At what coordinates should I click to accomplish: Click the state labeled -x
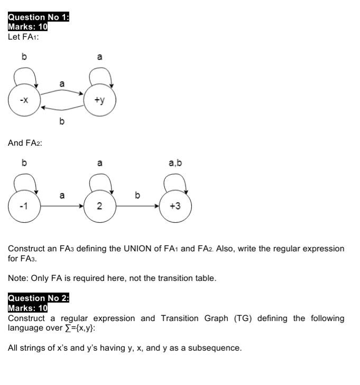24,100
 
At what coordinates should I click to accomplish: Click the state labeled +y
99,100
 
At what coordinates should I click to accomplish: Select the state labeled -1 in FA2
24,206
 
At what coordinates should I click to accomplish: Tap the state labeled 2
99,206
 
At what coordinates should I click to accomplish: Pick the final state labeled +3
175,206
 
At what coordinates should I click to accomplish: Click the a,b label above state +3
175,163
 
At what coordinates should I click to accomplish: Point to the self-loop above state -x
25,77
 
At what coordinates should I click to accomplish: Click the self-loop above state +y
100,77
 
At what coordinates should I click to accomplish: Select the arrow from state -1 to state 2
62,206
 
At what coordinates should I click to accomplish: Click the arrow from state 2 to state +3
137,206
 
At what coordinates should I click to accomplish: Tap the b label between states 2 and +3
137,195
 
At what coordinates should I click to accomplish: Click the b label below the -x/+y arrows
62,122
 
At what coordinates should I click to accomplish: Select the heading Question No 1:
39,17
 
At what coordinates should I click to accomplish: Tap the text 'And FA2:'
25,143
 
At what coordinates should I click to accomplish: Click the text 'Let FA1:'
23,37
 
